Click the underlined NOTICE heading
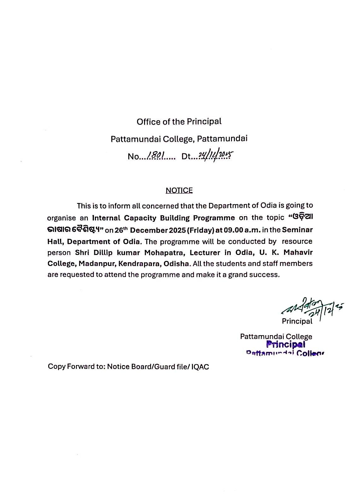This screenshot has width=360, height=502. (179, 190)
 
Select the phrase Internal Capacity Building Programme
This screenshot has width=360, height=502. (163, 218)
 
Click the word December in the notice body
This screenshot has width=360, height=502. (149, 230)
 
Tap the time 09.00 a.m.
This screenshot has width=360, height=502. (242, 230)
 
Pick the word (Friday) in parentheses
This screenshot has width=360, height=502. (201, 230)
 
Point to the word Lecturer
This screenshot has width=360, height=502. (205, 252)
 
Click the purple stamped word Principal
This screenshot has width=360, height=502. (286, 345)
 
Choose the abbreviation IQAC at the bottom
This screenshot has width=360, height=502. (200, 367)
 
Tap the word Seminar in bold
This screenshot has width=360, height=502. (297, 230)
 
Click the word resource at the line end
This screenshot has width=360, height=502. (297, 241)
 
